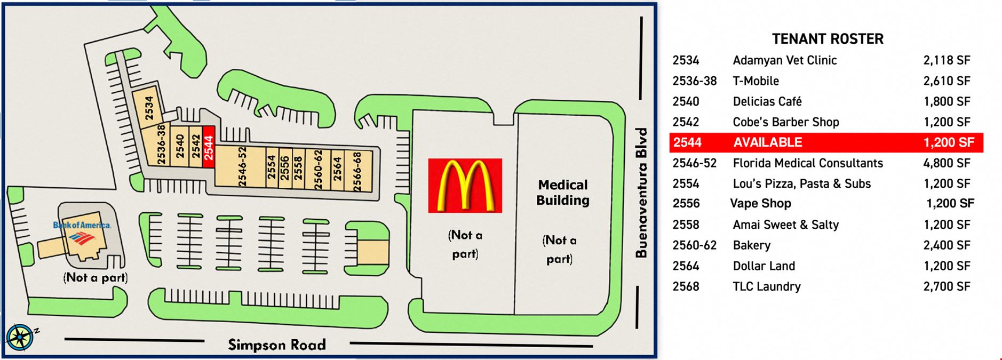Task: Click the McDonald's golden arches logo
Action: [x=465, y=186]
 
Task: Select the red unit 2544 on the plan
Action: [x=209, y=147]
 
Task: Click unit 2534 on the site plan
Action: [x=149, y=108]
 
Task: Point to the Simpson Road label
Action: [x=277, y=345]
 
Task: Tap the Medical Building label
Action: [x=563, y=193]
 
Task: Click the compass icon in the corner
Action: [x=20, y=338]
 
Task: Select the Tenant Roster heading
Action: [x=828, y=39]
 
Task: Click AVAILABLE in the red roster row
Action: [x=768, y=142]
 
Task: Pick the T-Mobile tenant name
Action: [x=756, y=81]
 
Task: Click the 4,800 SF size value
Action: [x=947, y=163]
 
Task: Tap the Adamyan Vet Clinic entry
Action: [x=784, y=60]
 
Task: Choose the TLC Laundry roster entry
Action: [x=767, y=286]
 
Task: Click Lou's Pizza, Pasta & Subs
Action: [x=801, y=184]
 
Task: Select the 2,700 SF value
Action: [x=947, y=286]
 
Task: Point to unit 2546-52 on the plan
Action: [x=242, y=167]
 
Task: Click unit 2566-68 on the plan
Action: [x=357, y=171]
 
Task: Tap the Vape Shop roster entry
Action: [x=760, y=204]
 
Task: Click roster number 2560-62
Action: [x=694, y=245]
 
